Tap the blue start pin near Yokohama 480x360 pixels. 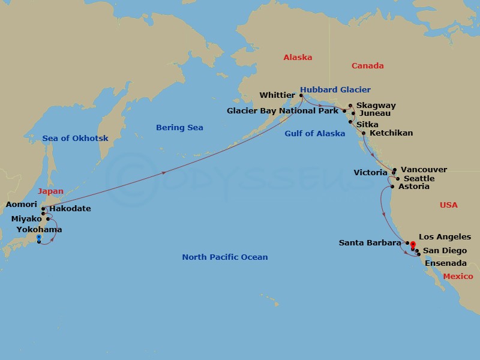tap(38, 239)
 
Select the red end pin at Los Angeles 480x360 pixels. tap(412, 245)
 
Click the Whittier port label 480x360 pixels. tap(277, 95)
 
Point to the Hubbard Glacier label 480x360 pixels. tap(335, 90)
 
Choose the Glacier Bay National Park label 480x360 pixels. tap(283, 111)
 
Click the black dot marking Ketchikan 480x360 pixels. tap(364, 133)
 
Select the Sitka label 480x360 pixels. tap(367, 124)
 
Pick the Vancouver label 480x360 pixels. tap(424, 170)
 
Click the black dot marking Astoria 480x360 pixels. tap(392, 187)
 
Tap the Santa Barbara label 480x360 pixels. tap(370, 243)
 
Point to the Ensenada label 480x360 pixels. tap(445, 263)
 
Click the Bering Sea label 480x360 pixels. tap(179, 127)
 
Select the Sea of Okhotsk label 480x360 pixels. tap(75, 138)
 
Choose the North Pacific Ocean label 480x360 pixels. tap(225, 257)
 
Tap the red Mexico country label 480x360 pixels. tap(458, 276)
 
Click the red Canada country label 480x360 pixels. tap(367, 65)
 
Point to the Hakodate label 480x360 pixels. tap(70, 209)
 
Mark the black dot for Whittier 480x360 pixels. tap(301, 95)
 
